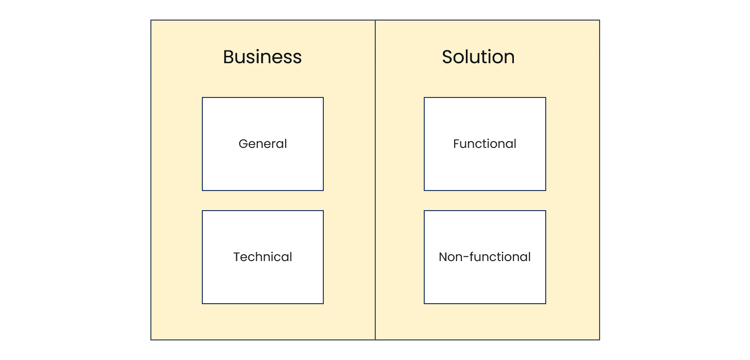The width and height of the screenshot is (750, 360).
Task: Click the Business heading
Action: [x=262, y=57]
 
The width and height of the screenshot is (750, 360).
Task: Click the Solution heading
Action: [x=478, y=57]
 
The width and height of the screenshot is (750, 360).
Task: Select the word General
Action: [x=263, y=144]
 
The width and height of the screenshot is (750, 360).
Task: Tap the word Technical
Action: [x=263, y=257]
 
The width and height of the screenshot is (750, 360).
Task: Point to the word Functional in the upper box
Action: [x=484, y=144]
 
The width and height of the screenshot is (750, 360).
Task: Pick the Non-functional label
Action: [x=484, y=257]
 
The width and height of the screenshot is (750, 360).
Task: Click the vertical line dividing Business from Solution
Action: [x=375, y=180]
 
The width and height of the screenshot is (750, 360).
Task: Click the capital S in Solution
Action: [x=447, y=57]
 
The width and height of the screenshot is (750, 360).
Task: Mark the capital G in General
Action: [x=243, y=144]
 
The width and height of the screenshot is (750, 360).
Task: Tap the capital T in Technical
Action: [x=237, y=257]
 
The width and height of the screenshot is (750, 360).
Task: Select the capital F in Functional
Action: [x=457, y=144]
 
